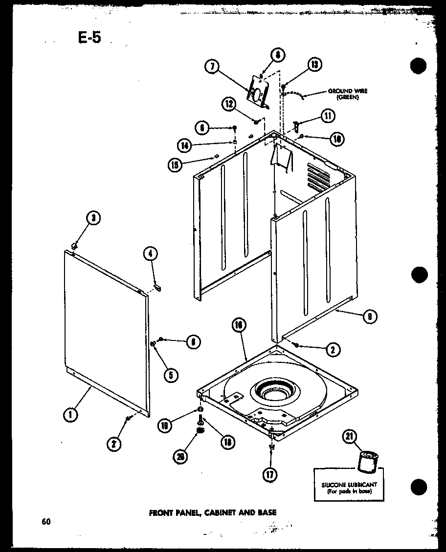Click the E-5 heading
tap(89, 37)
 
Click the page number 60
tap(46, 521)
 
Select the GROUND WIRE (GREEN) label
tap(348, 94)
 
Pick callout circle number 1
tap(71, 415)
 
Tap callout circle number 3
tap(93, 218)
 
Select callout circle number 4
tap(151, 253)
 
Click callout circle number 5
tap(171, 375)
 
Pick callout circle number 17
tap(269, 473)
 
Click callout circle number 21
tap(351, 438)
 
